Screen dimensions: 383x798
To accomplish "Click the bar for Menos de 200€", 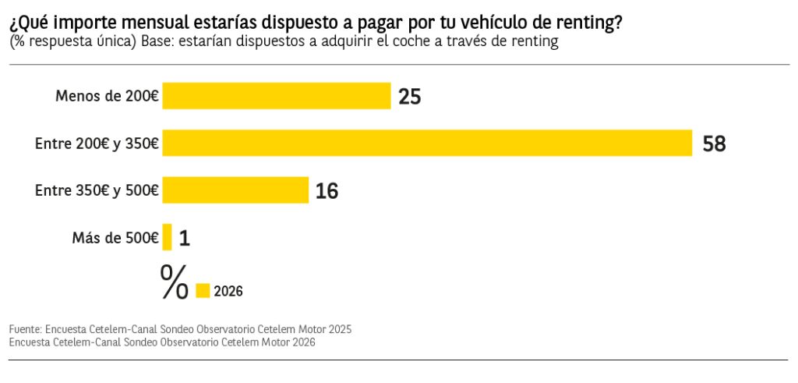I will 276,96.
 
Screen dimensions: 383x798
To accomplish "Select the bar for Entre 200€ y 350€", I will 427,144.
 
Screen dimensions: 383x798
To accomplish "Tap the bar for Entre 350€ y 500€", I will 235,190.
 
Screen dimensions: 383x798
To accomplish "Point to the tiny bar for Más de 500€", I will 167,237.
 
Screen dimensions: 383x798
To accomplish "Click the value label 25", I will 410,97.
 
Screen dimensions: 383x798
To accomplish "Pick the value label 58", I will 714,144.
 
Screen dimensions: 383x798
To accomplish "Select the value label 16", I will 327,191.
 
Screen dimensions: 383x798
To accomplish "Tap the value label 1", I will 185,238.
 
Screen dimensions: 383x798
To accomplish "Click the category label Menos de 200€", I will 107,97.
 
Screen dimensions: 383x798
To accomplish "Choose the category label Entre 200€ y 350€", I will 97,144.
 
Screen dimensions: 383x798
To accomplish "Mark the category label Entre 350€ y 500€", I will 97,191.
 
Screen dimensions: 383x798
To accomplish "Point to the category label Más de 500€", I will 115,238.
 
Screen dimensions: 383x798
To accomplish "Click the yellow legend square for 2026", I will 203,291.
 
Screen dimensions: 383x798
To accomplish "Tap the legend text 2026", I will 228,292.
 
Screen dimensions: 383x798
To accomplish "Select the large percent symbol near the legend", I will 174,282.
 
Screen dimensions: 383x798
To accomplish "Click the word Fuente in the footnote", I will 26,329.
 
